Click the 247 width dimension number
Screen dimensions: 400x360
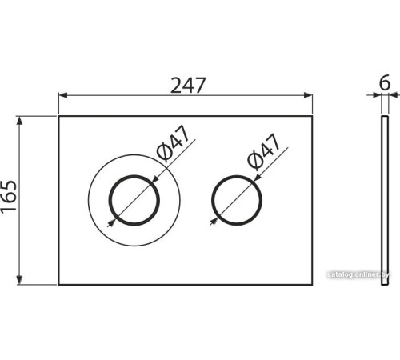(x=188, y=86)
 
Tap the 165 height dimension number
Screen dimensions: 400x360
(x=9, y=196)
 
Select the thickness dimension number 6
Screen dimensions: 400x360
(x=385, y=82)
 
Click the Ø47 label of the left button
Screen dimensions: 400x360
(x=174, y=143)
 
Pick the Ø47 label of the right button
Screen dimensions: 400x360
(x=264, y=152)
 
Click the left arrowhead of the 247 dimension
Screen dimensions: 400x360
(x=62, y=95)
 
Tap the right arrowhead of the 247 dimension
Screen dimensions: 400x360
(x=308, y=95)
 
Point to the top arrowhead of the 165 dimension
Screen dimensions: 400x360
(x=19, y=121)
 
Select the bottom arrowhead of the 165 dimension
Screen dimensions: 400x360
(x=19, y=280)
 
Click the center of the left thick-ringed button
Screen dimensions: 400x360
(x=134, y=200)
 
